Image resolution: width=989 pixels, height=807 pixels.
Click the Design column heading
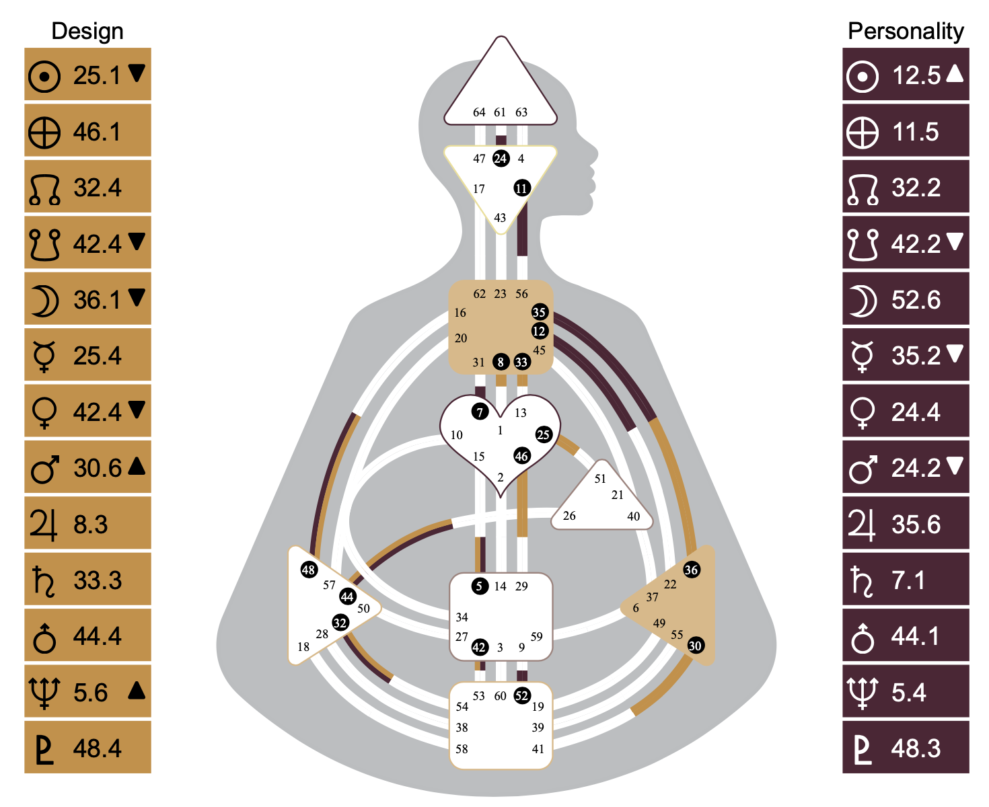[x=87, y=31]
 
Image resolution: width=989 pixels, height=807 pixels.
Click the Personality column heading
[x=906, y=31]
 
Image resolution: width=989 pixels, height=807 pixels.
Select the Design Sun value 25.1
[x=97, y=75]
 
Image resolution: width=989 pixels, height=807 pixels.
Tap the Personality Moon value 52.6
[x=916, y=300]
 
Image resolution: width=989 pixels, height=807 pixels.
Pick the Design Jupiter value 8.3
[x=90, y=524]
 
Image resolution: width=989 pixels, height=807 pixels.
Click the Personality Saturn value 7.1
[x=908, y=580]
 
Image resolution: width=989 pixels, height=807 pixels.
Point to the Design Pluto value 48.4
[x=97, y=748]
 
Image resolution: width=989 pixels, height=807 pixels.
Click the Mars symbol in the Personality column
[x=863, y=468]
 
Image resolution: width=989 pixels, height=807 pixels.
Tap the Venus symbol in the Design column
[x=44, y=412]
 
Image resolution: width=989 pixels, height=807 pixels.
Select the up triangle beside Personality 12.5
[x=955, y=73]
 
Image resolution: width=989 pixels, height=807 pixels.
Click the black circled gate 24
[x=501, y=159]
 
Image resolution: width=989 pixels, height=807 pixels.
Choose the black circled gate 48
[x=308, y=570]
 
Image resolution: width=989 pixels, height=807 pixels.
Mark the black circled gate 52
[x=521, y=696]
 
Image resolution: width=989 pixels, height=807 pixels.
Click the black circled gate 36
[x=691, y=570]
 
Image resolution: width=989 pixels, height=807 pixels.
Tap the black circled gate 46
[x=521, y=456]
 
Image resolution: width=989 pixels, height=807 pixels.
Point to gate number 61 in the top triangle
[x=500, y=112]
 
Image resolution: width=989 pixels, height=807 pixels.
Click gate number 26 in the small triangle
[x=569, y=516]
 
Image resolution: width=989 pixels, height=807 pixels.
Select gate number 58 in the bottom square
[x=462, y=748]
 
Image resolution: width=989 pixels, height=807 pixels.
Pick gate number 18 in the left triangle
[x=303, y=647]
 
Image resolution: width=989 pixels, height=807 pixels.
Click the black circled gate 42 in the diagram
[x=479, y=647]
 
